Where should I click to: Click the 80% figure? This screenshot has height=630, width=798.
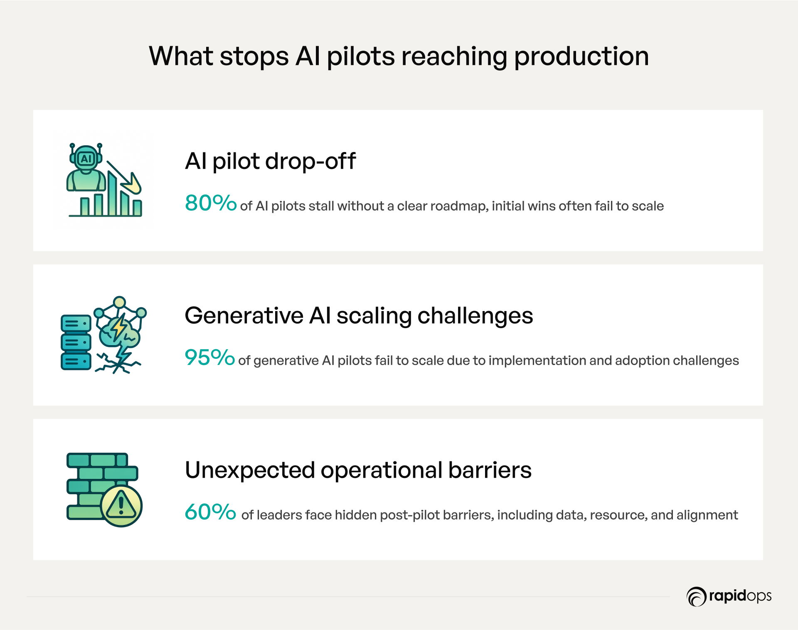click(x=211, y=203)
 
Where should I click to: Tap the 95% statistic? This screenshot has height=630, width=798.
click(x=210, y=358)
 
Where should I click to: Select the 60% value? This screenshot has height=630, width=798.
click(x=210, y=512)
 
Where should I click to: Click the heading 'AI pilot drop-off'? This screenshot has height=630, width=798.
click(x=270, y=161)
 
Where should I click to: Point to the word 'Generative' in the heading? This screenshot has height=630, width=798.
click(x=244, y=315)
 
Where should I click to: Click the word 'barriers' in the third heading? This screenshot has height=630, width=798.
click(x=490, y=470)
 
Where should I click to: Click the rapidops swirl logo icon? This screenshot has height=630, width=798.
click(x=696, y=597)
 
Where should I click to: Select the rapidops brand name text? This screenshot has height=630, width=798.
click(x=740, y=596)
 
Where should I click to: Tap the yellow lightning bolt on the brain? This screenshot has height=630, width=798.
click(x=120, y=327)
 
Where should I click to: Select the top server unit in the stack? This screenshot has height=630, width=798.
click(x=76, y=324)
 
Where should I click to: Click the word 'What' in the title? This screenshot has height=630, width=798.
click(x=181, y=56)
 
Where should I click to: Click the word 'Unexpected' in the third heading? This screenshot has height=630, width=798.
click(x=250, y=471)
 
